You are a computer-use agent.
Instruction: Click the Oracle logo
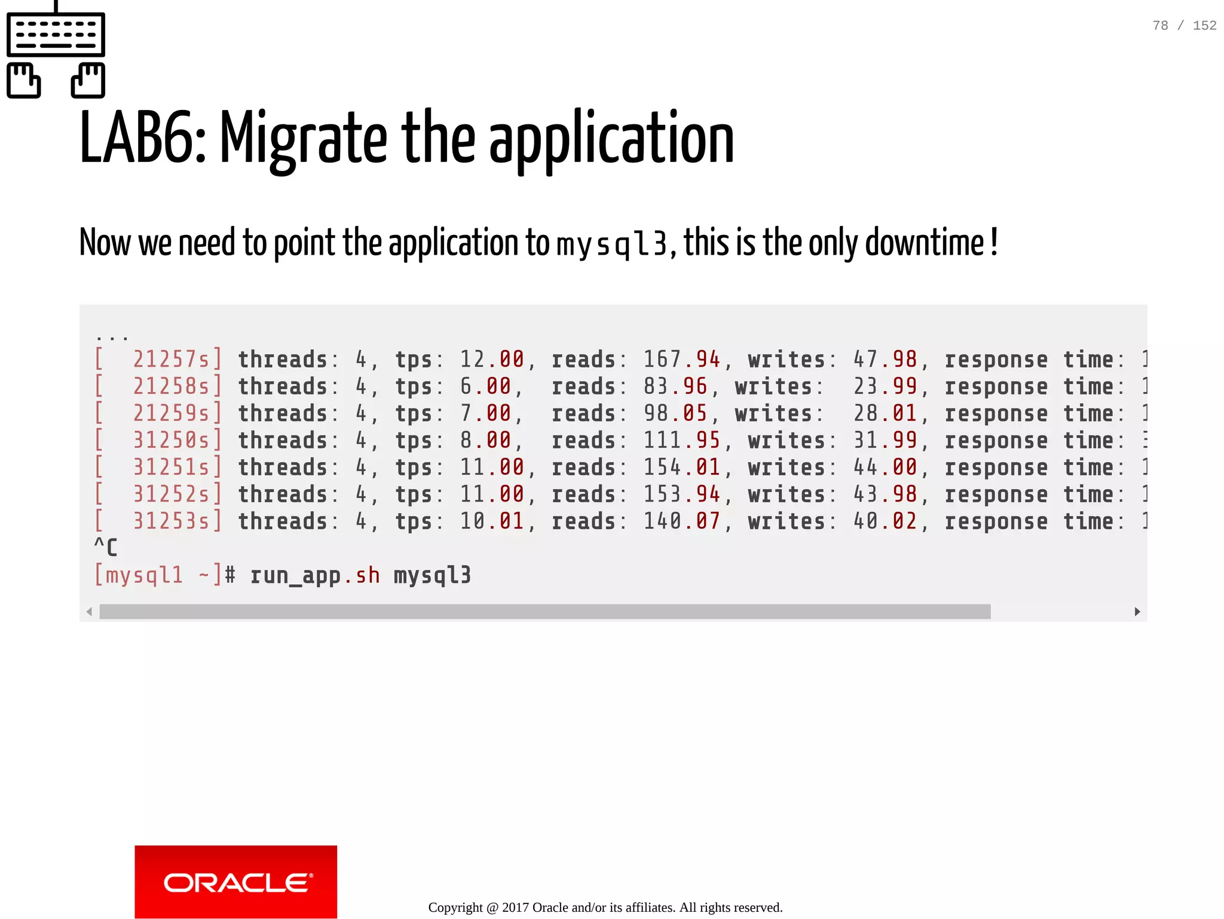click(x=235, y=881)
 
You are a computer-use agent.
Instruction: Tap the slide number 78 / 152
click(x=1184, y=25)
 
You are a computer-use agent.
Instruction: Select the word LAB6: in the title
click(x=142, y=139)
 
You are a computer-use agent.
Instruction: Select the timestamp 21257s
click(x=171, y=359)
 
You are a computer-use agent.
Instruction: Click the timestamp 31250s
click(x=171, y=440)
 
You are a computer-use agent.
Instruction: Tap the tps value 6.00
click(x=485, y=386)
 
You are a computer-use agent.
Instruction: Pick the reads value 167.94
click(x=681, y=359)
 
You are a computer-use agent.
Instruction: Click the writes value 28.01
click(x=885, y=413)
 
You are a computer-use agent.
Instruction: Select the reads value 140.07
click(x=681, y=521)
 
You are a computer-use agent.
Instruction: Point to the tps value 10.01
click(x=492, y=521)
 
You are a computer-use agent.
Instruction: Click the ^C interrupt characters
click(x=106, y=546)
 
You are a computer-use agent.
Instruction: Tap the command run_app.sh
click(x=314, y=575)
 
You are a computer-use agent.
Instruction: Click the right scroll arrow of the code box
click(x=1137, y=611)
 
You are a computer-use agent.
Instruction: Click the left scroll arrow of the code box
click(x=89, y=611)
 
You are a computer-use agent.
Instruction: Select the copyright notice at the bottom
click(x=605, y=907)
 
